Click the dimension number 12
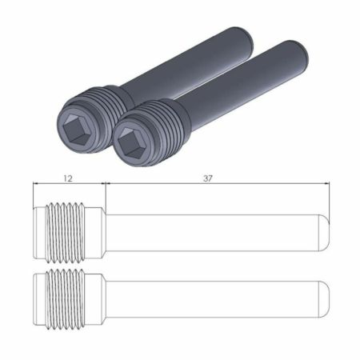coord(68,178)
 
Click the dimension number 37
coord(208,178)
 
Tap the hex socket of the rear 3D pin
coord(75,129)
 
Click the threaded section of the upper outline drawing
coord(65,233)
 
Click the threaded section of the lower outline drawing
coord(65,299)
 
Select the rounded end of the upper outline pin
coord(324,233)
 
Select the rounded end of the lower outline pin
coord(324,299)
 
